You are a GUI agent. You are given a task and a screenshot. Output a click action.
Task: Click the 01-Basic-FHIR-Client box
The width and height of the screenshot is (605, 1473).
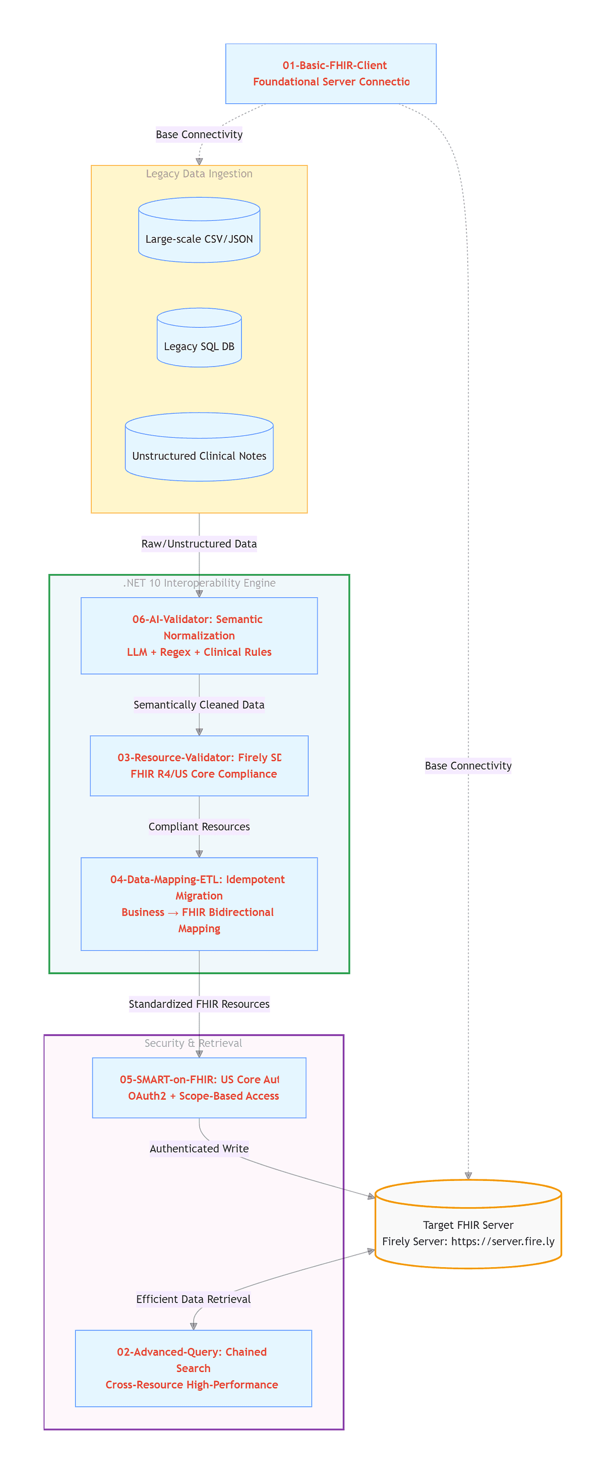[x=330, y=73]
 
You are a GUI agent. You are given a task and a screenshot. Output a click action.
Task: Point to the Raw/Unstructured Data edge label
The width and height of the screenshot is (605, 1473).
[x=199, y=544]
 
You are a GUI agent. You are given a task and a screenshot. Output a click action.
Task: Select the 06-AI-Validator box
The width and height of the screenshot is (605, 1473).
[x=199, y=635]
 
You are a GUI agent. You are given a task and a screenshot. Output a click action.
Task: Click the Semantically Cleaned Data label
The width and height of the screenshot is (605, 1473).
[x=199, y=705]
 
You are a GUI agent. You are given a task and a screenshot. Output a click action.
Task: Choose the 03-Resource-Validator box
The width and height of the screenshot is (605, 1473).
[x=199, y=766]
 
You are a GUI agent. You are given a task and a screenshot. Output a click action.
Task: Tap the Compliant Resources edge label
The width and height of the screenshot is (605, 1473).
[x=199, y=827]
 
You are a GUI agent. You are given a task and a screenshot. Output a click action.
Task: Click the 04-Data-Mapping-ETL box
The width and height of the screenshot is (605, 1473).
[x=199, y=903]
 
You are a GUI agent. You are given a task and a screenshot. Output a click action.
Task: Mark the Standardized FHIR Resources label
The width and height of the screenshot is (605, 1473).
[x=199, y=1004]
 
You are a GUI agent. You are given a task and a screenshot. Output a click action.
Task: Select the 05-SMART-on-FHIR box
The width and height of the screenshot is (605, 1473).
[x=199, y=1088]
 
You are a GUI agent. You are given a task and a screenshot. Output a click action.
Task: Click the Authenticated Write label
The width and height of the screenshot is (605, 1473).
[x=199, y=1149]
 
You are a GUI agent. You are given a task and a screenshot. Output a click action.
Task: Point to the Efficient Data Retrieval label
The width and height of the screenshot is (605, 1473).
[x=193, y=1299]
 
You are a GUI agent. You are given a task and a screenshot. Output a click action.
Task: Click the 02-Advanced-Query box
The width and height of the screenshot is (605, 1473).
[x=193, y=1368]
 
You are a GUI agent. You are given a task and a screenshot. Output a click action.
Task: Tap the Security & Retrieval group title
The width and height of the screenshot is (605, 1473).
[x=193, y=1044]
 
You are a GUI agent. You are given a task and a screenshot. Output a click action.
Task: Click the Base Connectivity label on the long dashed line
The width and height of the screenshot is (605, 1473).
[x=468, y=766]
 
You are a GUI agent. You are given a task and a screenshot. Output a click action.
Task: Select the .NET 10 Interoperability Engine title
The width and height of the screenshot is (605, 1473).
[x=199, y=583]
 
